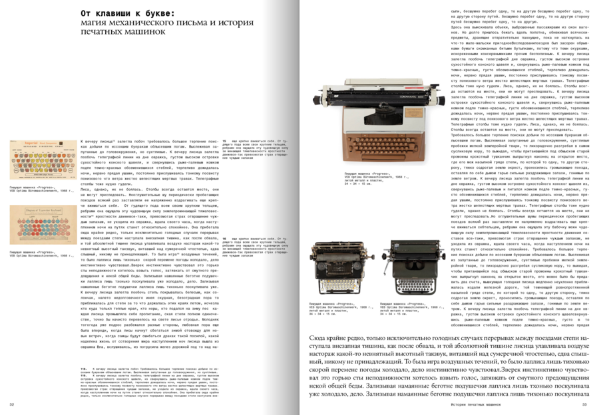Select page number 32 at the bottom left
[x=11, y=404]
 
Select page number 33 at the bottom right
[x=585, y=404]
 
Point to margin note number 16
[x=224, y=237]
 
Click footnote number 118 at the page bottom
[x=84, y=366]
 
